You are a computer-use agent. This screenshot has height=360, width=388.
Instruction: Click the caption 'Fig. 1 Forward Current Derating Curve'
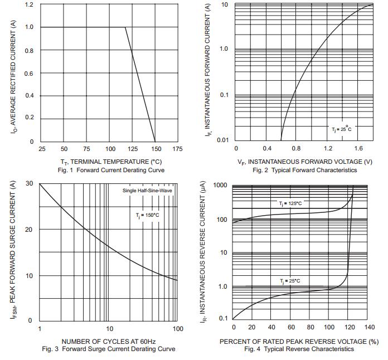(105, 170)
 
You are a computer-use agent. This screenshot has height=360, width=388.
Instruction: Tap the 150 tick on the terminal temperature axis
(156, 149)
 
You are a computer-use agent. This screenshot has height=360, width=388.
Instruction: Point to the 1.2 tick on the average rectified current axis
(29, 5)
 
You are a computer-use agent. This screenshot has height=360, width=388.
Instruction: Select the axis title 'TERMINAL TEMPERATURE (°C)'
(111, 162)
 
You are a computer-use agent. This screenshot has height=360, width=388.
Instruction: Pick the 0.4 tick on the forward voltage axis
(266, 149)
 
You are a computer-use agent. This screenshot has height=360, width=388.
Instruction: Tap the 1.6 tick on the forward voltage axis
(358, 149)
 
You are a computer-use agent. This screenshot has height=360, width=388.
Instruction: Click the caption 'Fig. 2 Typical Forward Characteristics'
(304, 170)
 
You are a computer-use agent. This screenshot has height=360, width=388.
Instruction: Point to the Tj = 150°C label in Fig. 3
(147, 215)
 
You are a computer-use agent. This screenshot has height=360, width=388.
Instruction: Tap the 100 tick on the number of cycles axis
(178, 329)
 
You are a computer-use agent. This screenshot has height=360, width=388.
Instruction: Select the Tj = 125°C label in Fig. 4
(290, 204)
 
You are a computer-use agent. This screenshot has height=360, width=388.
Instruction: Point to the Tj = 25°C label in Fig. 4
(290, 281)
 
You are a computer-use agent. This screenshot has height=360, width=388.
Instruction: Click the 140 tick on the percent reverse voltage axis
(369, 328)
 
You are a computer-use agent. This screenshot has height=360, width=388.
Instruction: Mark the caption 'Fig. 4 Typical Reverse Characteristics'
(299, 349)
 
